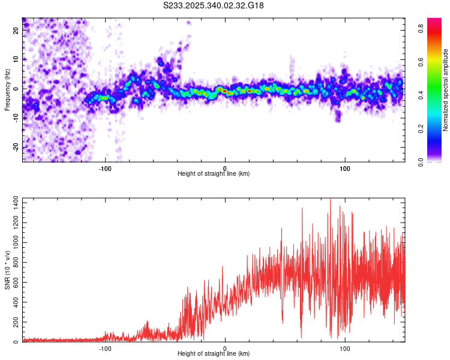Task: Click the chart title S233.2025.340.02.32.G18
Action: pyautogui.click(x=214, y=5)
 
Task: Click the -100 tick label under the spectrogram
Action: pyautogui.click(x=105, y=169)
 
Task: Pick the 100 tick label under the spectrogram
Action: pyautogui.click(x=345, y=169)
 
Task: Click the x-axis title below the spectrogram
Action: pyautogui.click(x=214, y=174)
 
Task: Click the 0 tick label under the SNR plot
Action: pyautogui.click(x=225, y=349)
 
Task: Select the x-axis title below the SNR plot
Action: pyautogui.click(x=214, y=354)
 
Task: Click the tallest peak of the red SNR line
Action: pyautogui.click(x=331, y=199)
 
